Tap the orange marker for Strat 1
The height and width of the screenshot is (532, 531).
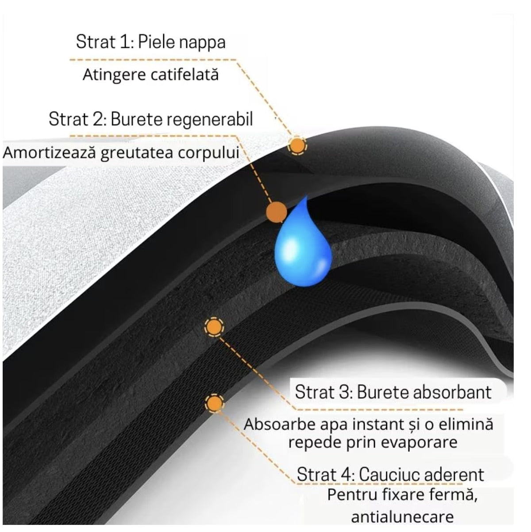coord(297,145)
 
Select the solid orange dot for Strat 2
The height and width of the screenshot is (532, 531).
coord(277,212)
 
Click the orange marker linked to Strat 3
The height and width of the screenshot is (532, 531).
coord(214,327)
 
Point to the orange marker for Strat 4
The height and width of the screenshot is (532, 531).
coord(214,403)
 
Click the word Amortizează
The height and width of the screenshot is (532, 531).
coord(50,152)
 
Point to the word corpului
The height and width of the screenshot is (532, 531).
coord(208,153)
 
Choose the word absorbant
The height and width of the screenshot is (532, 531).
coord(452,392)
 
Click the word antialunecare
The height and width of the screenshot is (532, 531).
coord(402,517)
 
